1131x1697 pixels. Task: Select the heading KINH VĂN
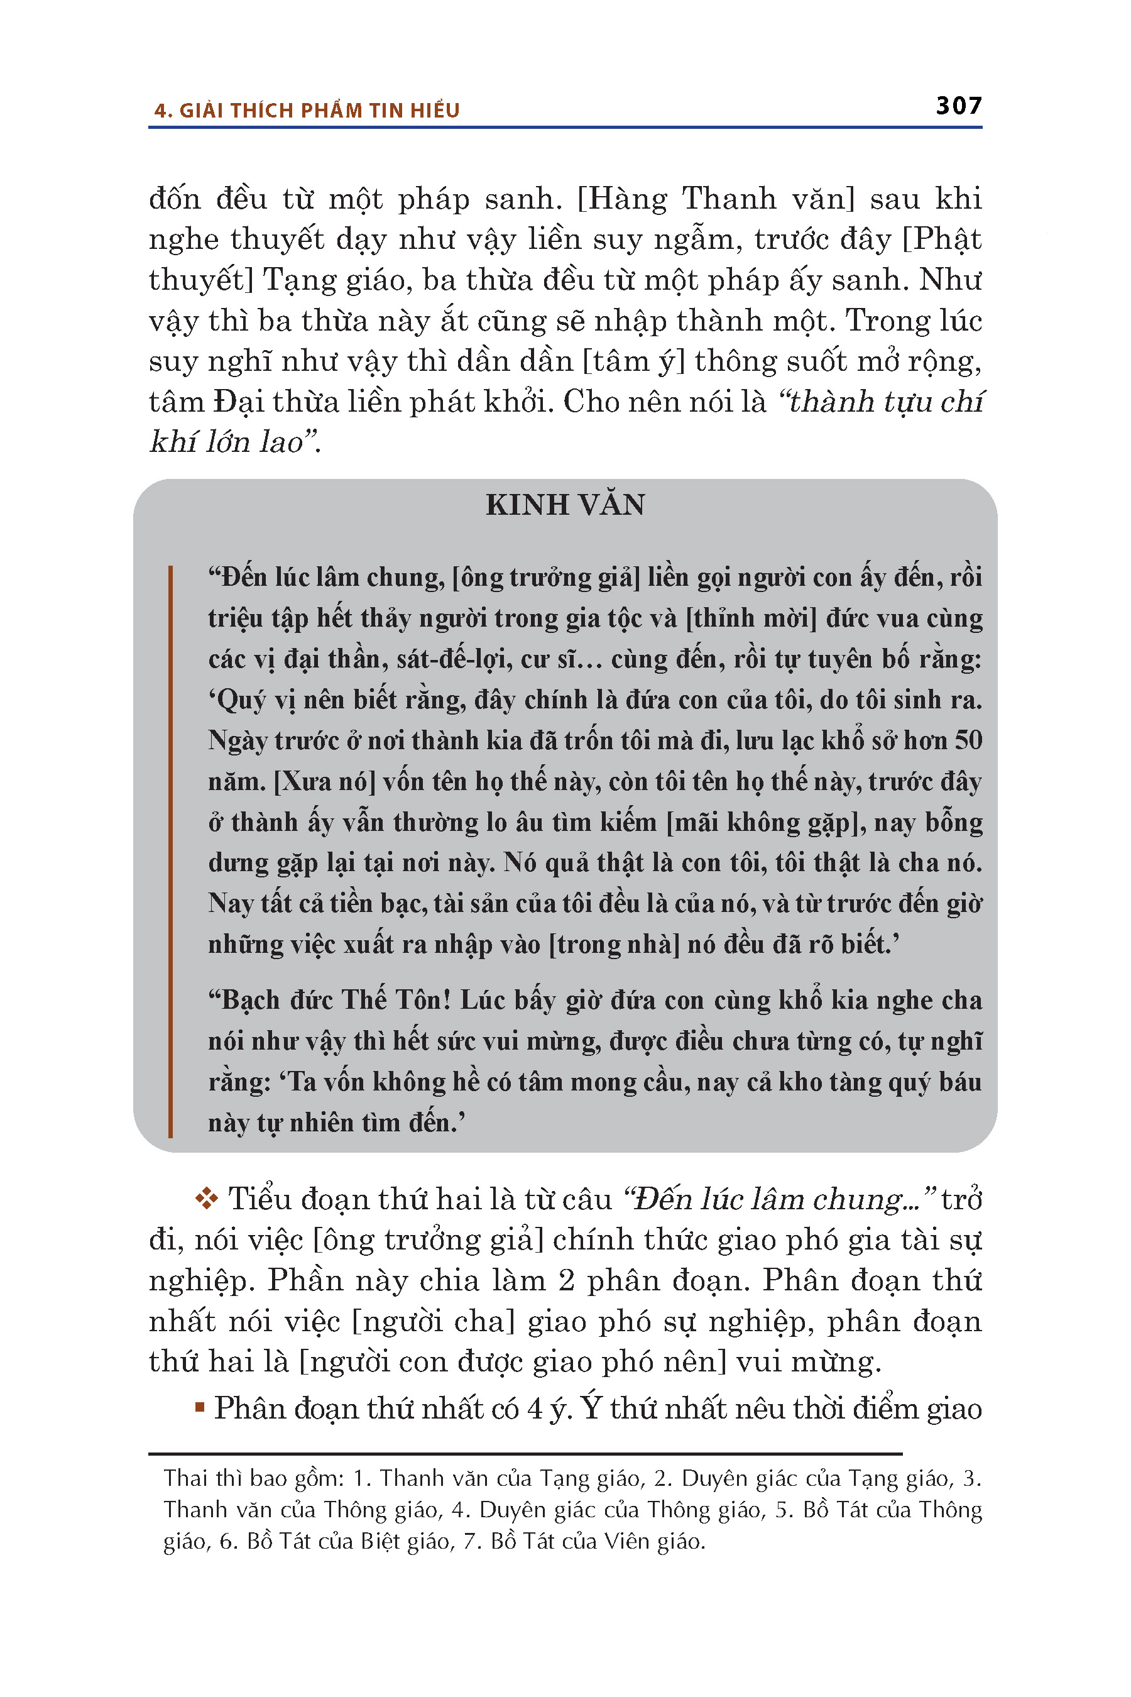click(x=565, y=505)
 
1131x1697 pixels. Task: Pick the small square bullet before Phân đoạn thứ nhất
click(x=200, y=1407)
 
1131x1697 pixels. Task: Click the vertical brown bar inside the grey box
click(x=171, y=852)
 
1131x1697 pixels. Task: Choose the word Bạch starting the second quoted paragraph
click(x=253, y=1000)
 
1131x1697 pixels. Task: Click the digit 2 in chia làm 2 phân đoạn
click(x=566, y=1281)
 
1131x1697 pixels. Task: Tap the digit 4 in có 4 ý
click(x=535, y=1409)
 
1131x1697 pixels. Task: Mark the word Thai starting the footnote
click(x=185, y=1478)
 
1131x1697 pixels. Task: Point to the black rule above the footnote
click(x=525, y=1454)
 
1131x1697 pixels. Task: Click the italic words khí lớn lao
click(x=227, y=442)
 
